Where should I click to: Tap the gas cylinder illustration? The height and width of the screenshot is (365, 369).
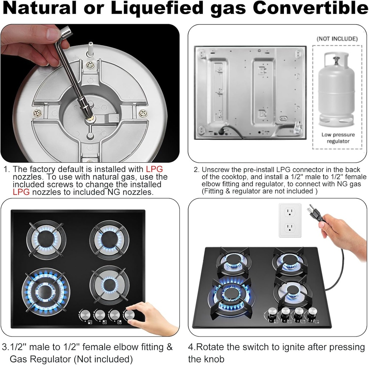[336, 90]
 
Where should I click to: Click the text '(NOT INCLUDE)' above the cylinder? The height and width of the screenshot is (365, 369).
[337, 39]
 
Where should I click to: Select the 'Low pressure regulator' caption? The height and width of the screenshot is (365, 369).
[338, 138]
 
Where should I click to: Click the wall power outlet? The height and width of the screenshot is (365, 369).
[290, 220]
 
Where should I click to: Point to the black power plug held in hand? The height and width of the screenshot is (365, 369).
[315, 214]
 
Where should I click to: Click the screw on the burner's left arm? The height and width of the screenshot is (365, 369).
[37, 113]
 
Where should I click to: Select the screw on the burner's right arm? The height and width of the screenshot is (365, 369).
[143, 113]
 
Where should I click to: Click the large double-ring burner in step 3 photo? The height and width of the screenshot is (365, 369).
[46, 292]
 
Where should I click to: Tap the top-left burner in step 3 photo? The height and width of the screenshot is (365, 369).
[46, 238]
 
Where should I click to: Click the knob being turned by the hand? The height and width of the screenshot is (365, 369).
[129, 315]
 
